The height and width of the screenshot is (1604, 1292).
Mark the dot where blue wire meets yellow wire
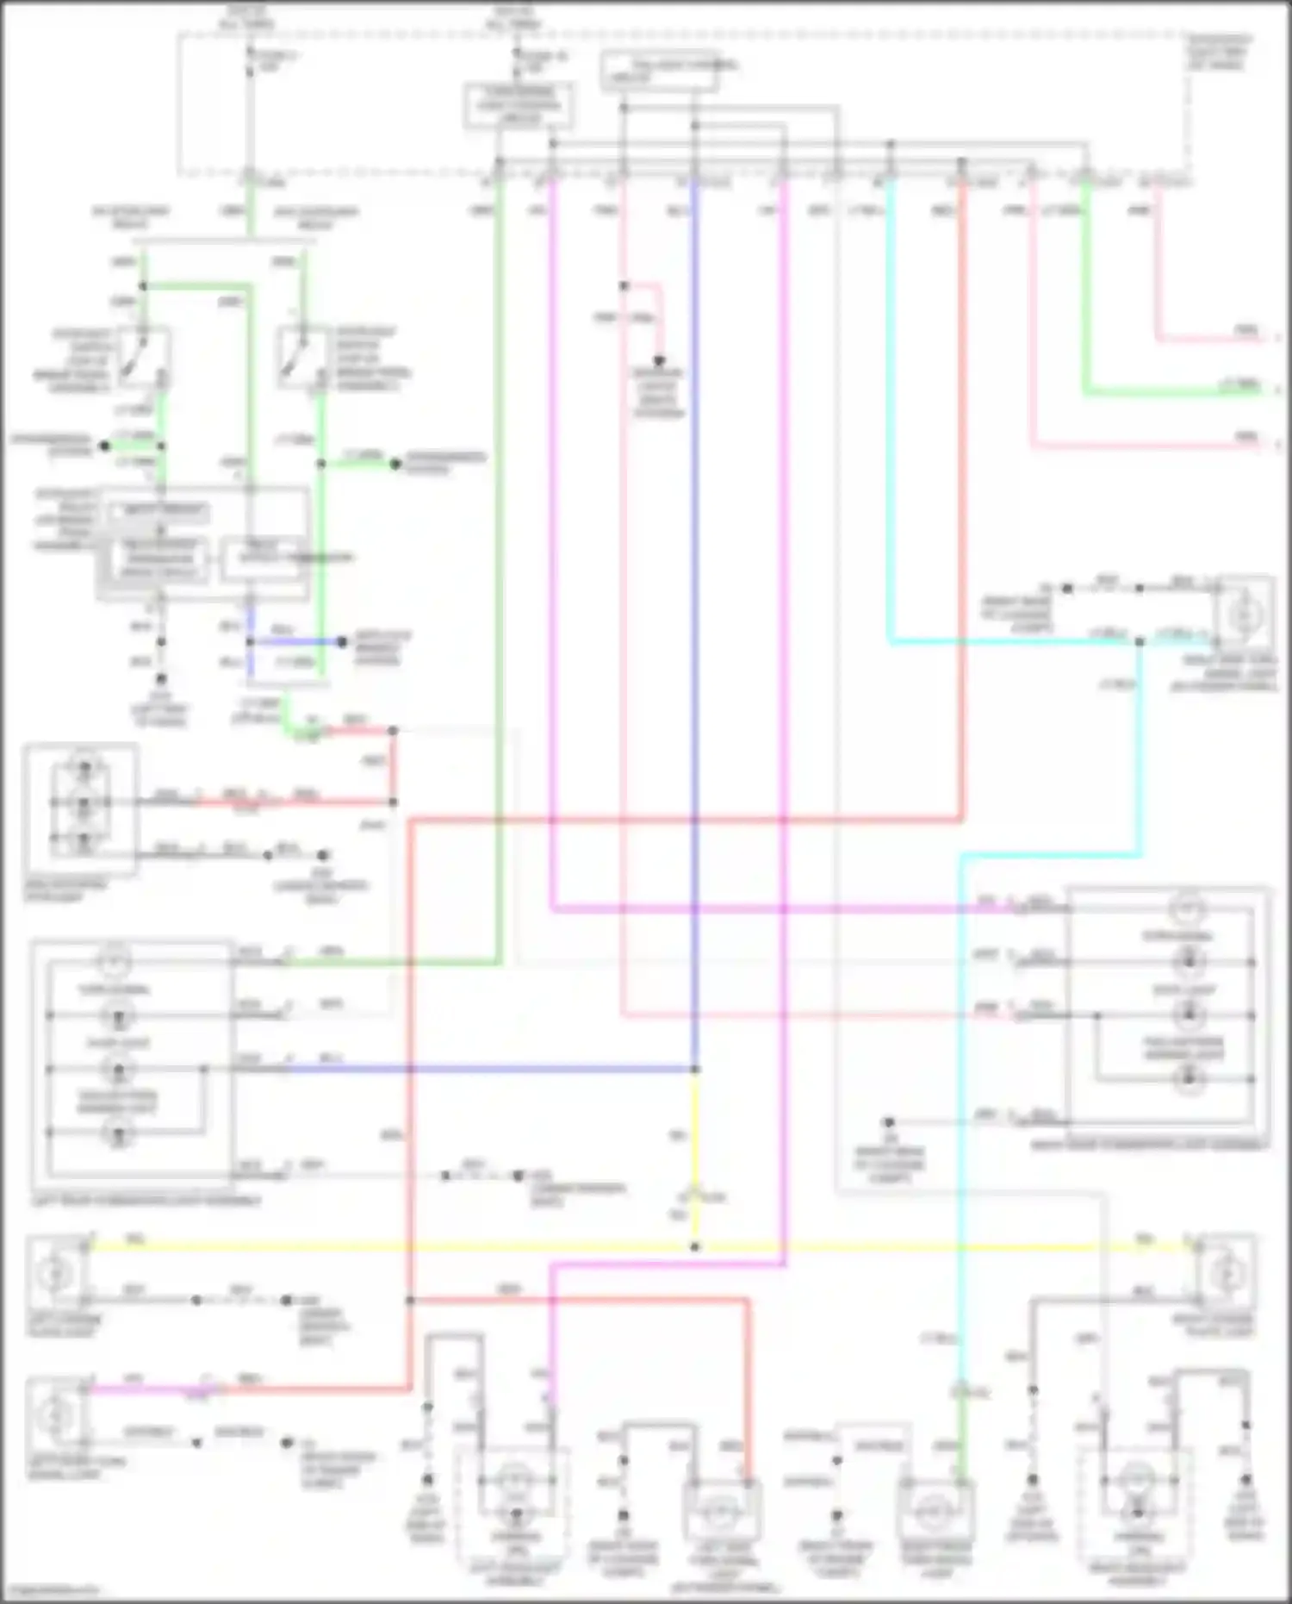695,1070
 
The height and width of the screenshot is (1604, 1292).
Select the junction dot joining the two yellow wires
695,1247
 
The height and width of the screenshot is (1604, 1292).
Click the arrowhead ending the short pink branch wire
659,362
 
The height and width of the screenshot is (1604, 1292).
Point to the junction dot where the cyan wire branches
1140,641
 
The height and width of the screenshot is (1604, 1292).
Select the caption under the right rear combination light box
1149,1145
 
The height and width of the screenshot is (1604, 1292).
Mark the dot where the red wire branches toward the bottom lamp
410,1300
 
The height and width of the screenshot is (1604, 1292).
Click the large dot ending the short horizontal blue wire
342,642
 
